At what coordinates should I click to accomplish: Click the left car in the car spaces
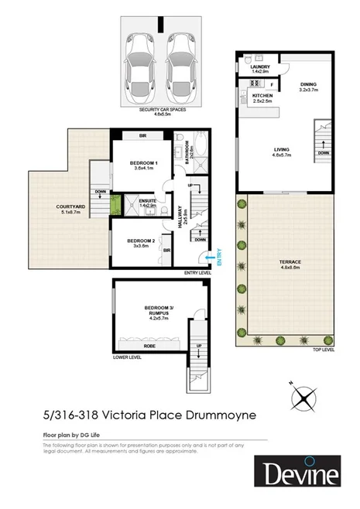pyautogui.click(x=140, y=63)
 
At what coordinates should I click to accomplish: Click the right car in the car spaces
pyautogui.click(x=178, y=63)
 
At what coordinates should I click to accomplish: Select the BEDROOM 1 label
pyautogui.click(x=144, y=164)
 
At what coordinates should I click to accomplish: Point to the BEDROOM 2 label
pyautogui.click(x=139, y=242)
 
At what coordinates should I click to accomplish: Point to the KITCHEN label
pyautogui.click(x=263, y=97)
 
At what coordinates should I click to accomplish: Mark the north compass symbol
pyautogui.click(x=303, y=399)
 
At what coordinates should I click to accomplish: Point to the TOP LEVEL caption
pyautogui.click(x=323, y=351)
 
